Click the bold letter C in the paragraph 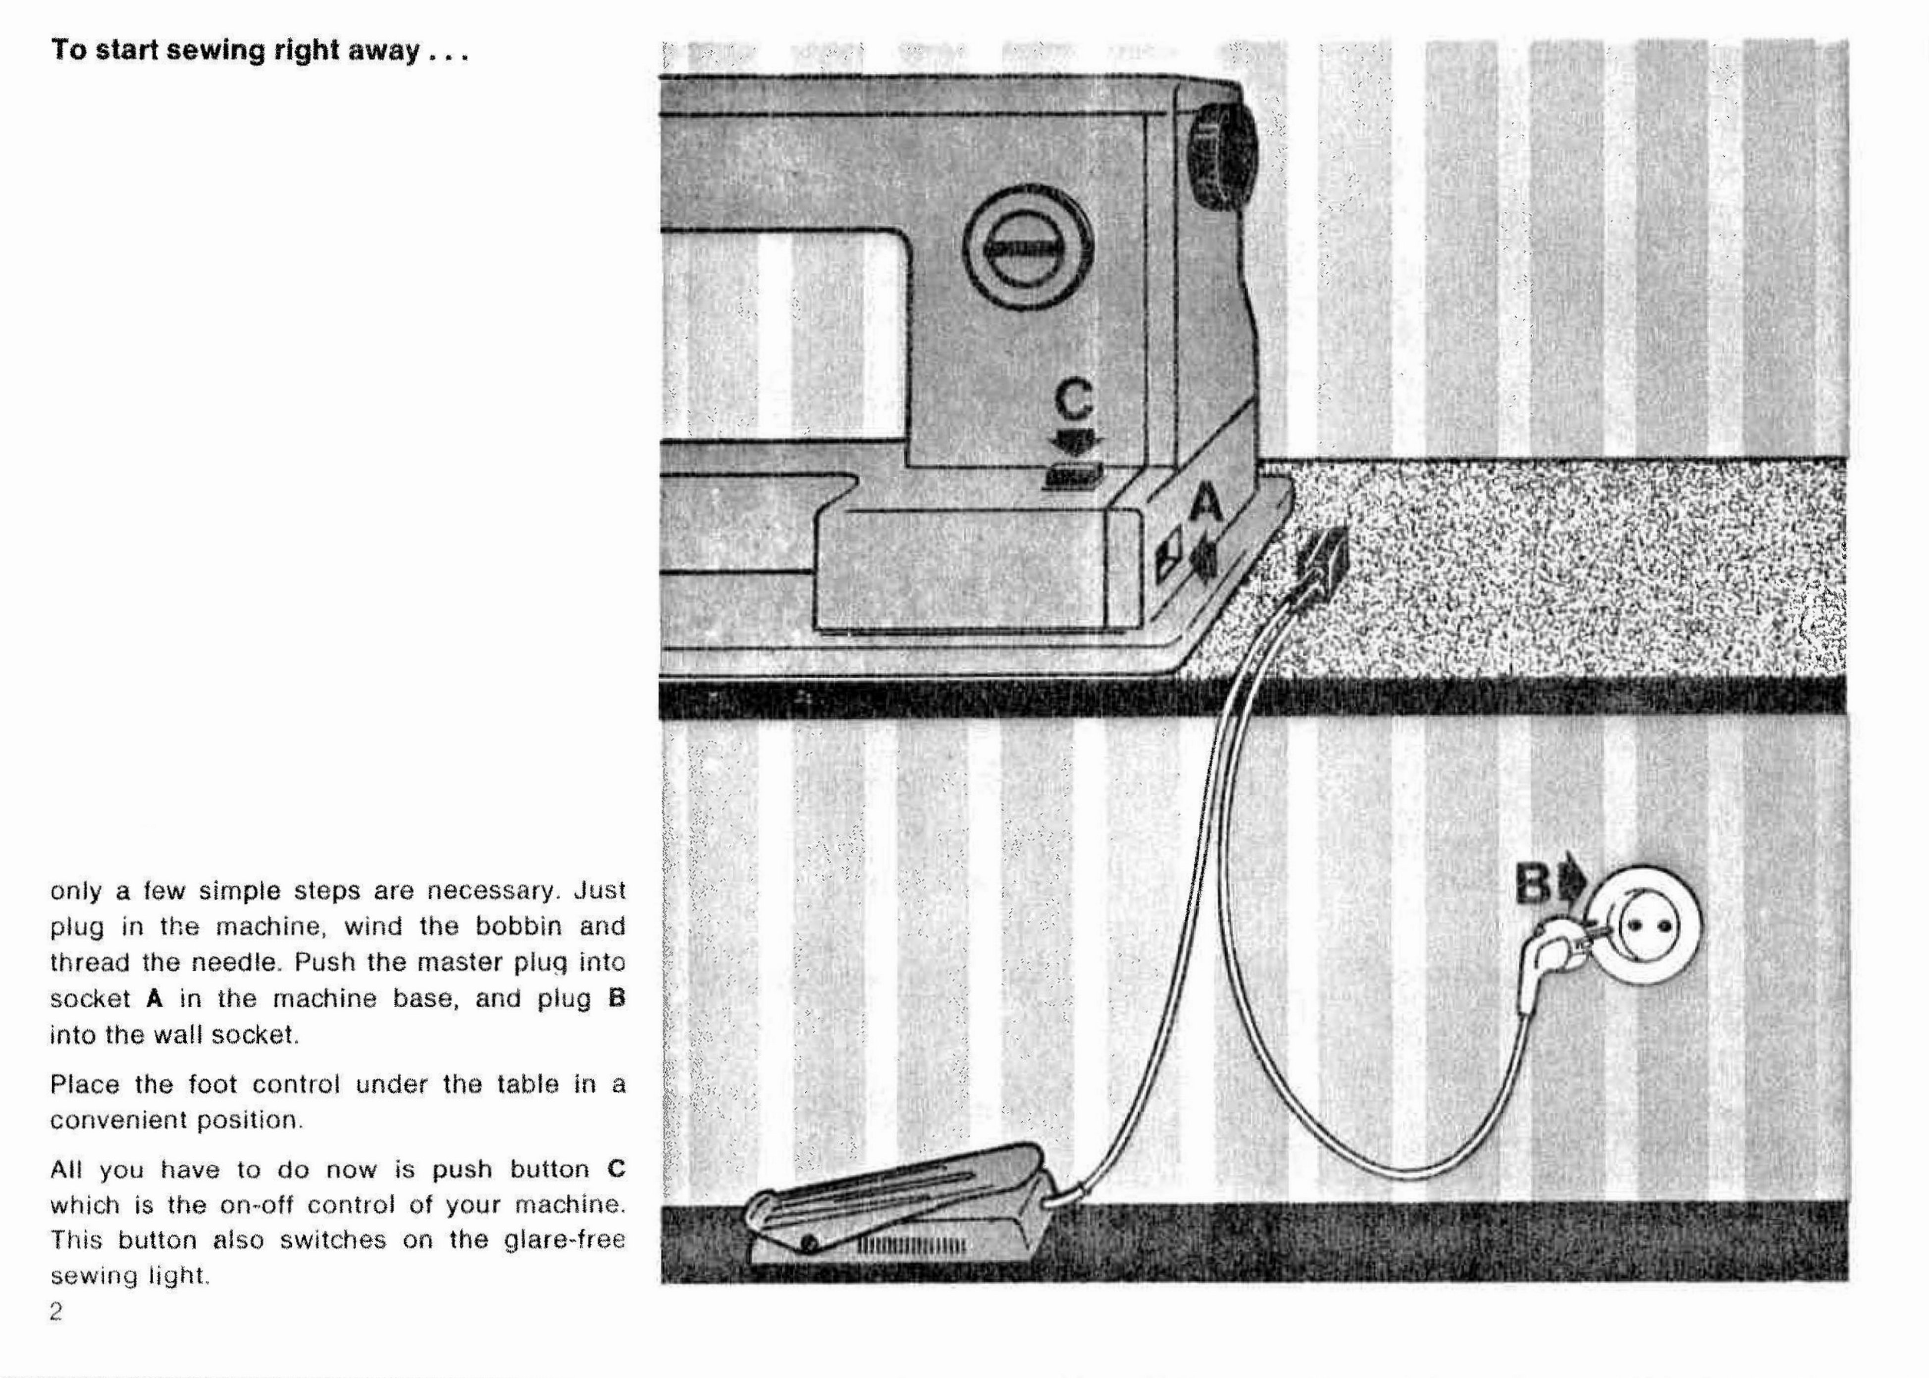(616, 1169)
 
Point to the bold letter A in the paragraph (154, 998)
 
